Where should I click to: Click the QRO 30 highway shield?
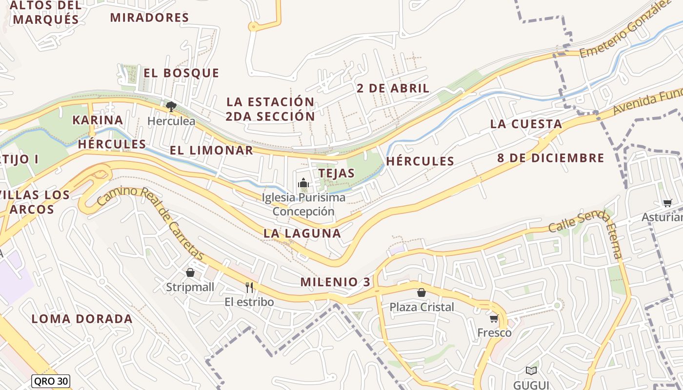(x=51, y=381)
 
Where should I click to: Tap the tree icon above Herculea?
(x=171, y=107)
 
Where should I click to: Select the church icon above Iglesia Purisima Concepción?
(x=303, y=183)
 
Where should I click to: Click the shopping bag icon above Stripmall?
(x=190, y=273)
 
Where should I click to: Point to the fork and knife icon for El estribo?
(x=249, y=287)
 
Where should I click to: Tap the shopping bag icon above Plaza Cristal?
(x=422, y=292)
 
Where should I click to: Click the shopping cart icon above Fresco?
(x=494, y=319)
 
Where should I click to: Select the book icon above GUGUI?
(x=531, y=370)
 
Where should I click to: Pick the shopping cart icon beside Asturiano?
(x=667, y=203)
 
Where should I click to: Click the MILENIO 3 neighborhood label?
(x=335, y=282)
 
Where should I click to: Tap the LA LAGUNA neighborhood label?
(x=302, y=233)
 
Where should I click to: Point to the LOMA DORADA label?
(x=82, y=319)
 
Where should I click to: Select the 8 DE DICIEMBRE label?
(x=551, y=158)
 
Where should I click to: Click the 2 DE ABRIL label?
(x=393, y=88)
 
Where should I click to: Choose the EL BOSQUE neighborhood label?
(x=181, y=73)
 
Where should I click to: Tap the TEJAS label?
(x=336, y=173)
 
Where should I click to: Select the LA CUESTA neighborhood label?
(x=526, y=124)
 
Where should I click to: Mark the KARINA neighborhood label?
(x=98, y=120)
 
